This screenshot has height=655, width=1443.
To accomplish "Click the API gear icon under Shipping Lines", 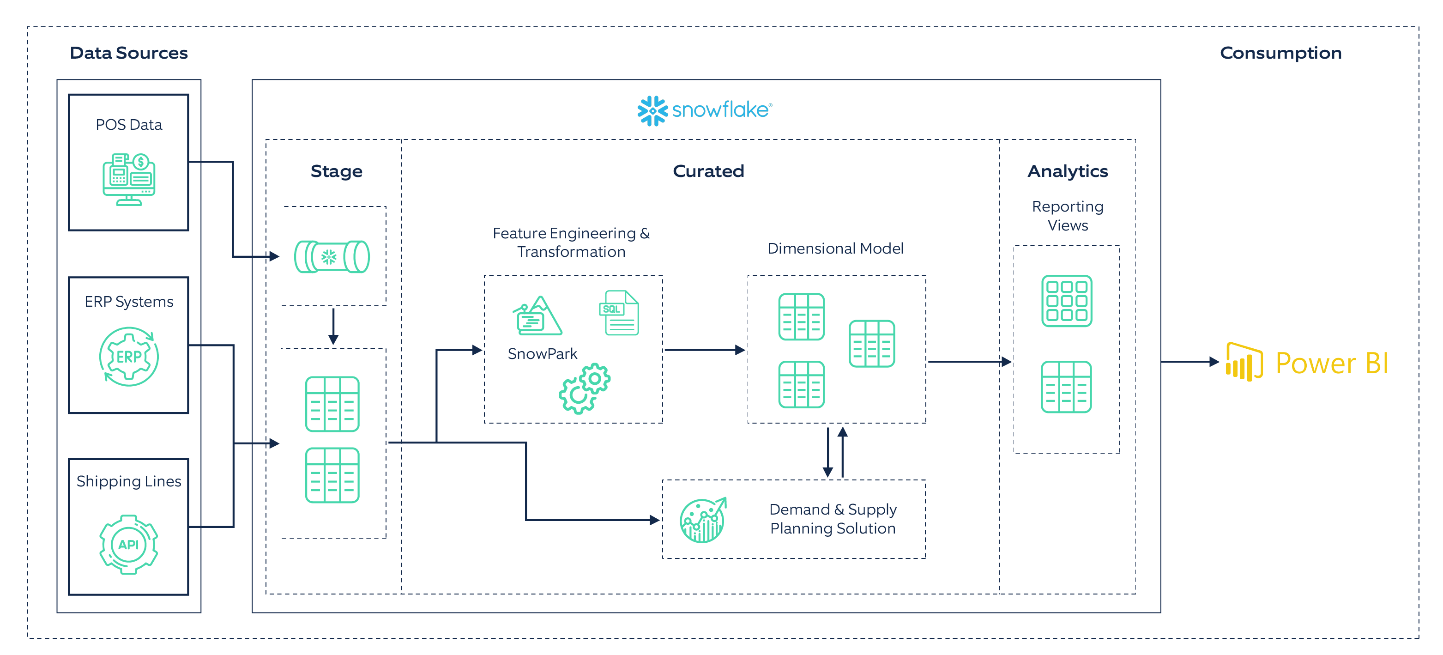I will coord(129,544).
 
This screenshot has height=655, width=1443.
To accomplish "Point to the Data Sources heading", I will coord(129,53).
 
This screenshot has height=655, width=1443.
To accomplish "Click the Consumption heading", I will coord(1280,53).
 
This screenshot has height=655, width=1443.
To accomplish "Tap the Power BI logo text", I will coord(1332,363).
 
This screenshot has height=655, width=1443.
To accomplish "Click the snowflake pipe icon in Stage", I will coord(332,257).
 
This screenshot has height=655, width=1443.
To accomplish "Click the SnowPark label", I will coord(542,353).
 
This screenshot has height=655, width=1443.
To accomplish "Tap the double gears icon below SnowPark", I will coord(584,388).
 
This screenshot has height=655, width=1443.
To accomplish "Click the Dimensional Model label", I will coord(835,248).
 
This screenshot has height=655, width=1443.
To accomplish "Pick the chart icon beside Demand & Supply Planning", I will coord(702,520).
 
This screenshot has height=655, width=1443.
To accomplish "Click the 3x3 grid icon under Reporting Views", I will coord(1067,301).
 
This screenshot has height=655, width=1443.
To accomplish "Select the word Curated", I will coord(708,171).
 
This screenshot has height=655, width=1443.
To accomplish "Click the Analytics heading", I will coord(1067,171).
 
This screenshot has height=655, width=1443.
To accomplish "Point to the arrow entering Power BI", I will coord(1190,362).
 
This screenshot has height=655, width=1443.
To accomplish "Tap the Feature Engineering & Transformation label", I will coord(571,242).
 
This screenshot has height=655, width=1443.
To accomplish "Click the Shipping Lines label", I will coord(129,481).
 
